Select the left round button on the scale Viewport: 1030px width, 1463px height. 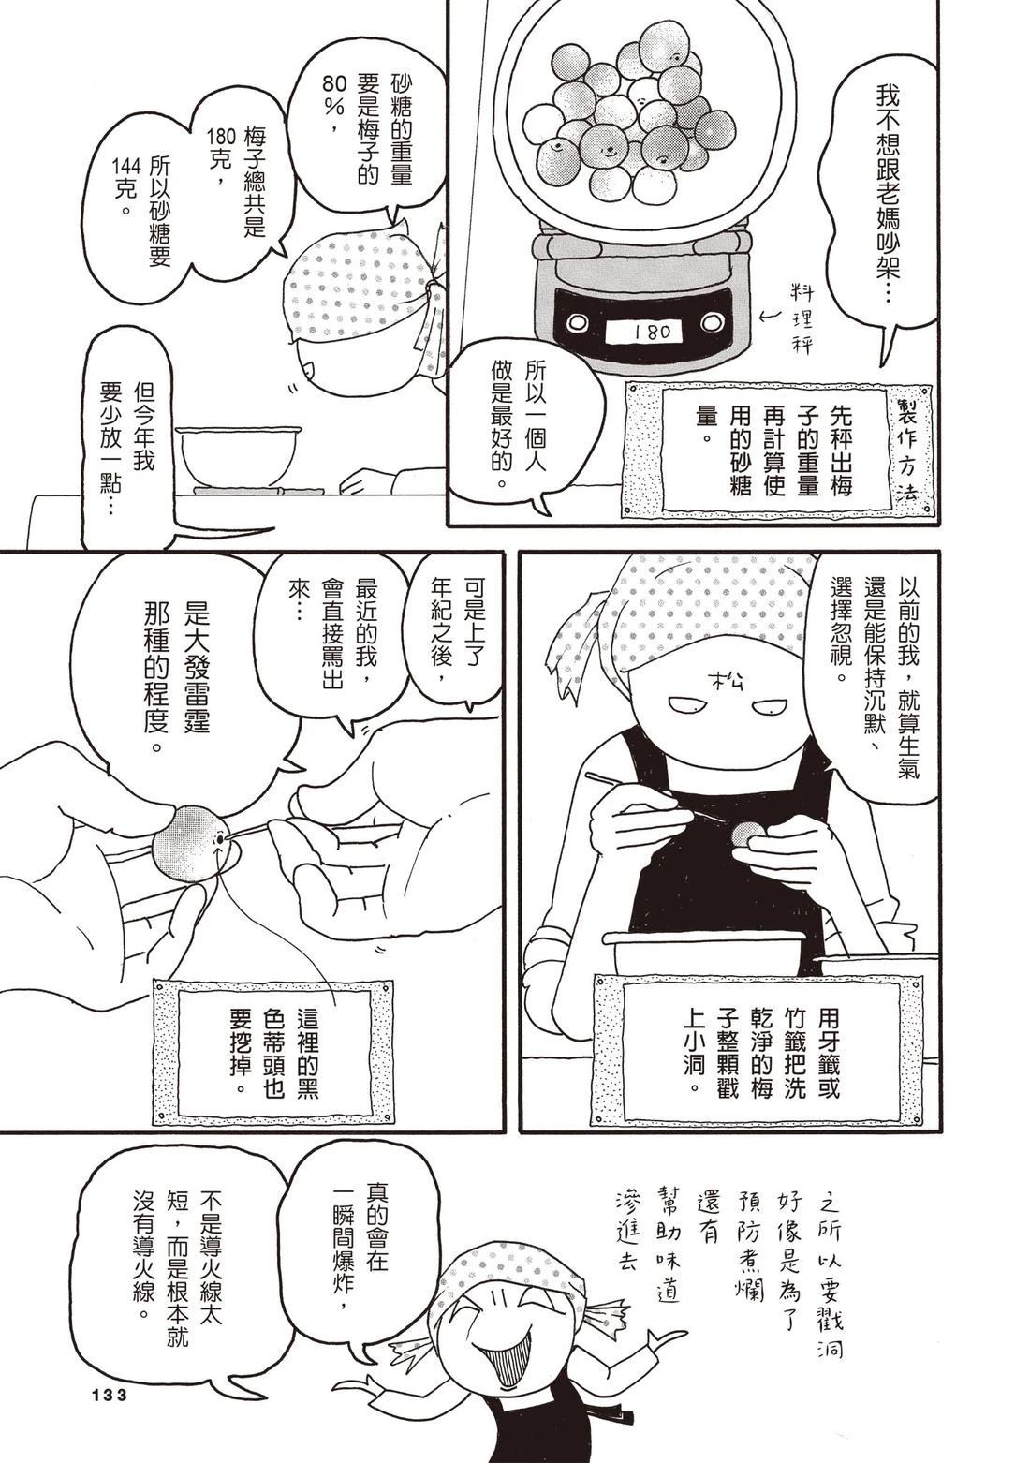578,322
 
